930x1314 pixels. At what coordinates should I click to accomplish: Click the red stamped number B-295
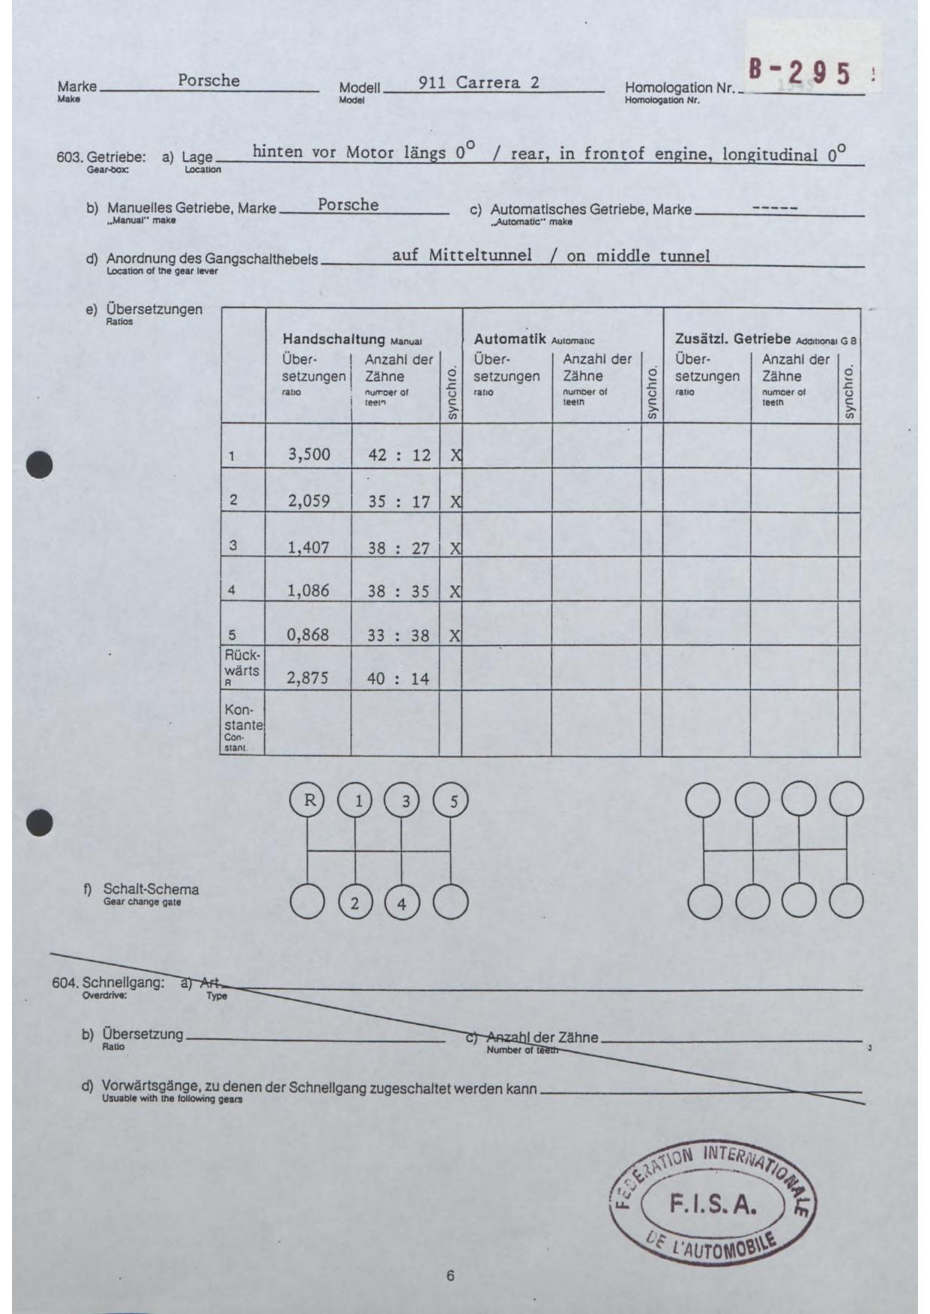coord(800,73)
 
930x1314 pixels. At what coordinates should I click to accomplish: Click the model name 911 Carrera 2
coord(479,82)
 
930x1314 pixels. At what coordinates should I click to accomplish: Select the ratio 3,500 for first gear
coord(309,454)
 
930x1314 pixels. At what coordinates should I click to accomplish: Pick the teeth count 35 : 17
coord(399,501)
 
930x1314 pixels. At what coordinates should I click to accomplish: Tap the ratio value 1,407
coord(308,547)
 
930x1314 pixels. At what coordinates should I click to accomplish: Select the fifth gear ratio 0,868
coord(308,635)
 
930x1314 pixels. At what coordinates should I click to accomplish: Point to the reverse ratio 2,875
coord(308,679)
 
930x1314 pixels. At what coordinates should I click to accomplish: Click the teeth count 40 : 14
coord(398,679)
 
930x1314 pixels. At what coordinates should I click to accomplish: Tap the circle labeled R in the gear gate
coord(307,800)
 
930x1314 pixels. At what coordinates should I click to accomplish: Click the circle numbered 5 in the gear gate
coord(451,801)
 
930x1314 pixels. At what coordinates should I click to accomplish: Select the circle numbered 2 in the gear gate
coord(355,902)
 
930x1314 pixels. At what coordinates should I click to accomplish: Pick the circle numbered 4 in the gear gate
coord(402,903)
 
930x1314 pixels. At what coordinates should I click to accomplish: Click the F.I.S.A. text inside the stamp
coord(713,1204)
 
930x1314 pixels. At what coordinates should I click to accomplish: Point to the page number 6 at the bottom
coord(450,1276)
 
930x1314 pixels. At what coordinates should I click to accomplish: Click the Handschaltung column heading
coord(333,339)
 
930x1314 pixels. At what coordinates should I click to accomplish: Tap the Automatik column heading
coord(510,339)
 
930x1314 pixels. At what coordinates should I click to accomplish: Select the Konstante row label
coord(243,717)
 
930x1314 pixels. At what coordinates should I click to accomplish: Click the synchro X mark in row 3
coord(455,548)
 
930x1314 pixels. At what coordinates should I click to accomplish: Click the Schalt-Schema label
coord(151,889)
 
